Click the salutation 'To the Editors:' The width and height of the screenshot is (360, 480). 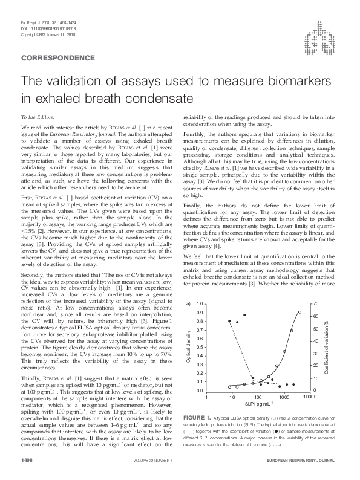pyautogui.click(x=38, y=116)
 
